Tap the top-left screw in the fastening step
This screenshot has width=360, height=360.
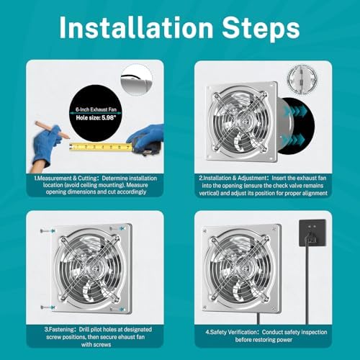tap(45, 230)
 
